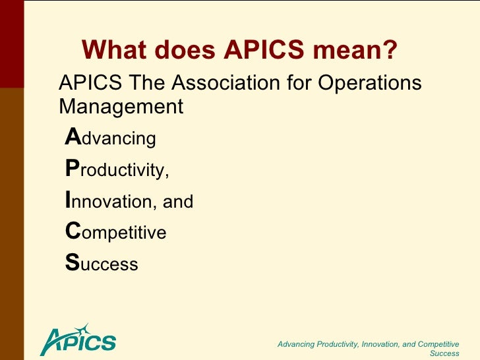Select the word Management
[121, 106]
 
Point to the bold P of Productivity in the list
[72, 169]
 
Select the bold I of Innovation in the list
[69, 200]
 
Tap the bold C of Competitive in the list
[72, 231]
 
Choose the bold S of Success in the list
[71, 264]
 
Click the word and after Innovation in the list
[178, 202]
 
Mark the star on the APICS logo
[81, 328]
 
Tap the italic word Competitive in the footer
[435, 344]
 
